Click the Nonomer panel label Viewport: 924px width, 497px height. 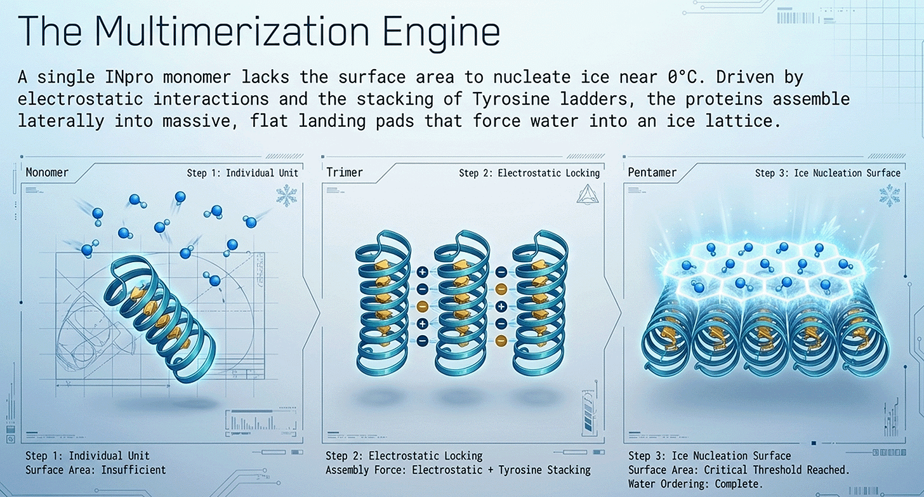click(x=47, y=172)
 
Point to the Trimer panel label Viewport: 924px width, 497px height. click(x=344, y=172)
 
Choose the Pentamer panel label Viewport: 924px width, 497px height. click(x=652, y=172)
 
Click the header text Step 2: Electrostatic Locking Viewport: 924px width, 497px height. click(x=529, y=173)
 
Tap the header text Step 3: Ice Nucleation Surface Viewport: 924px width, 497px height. click(x=828, y=173)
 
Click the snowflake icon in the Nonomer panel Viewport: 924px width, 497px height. click(x=287, y=195)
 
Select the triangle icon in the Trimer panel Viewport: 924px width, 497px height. click(x=586, y=195)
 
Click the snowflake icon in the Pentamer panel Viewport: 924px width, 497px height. click(x=888, y=195)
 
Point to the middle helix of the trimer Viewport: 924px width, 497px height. click(x=461, y=302)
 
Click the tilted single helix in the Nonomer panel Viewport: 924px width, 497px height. click(x=162, y=321)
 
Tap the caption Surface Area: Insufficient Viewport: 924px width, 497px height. click(x=95, y=470)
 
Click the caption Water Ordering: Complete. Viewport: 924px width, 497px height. click(x=696, y=483)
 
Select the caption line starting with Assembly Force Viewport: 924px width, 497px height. click(x=458, y=470)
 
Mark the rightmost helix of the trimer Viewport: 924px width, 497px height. click(x=539, y=302)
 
